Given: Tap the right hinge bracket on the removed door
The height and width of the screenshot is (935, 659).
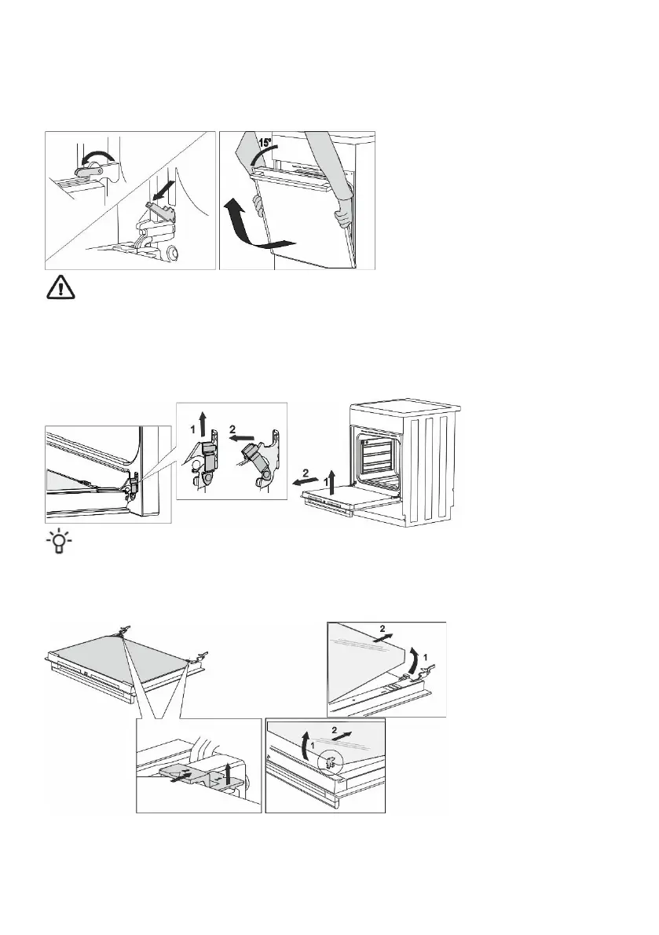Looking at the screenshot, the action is (x=202, y=655).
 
